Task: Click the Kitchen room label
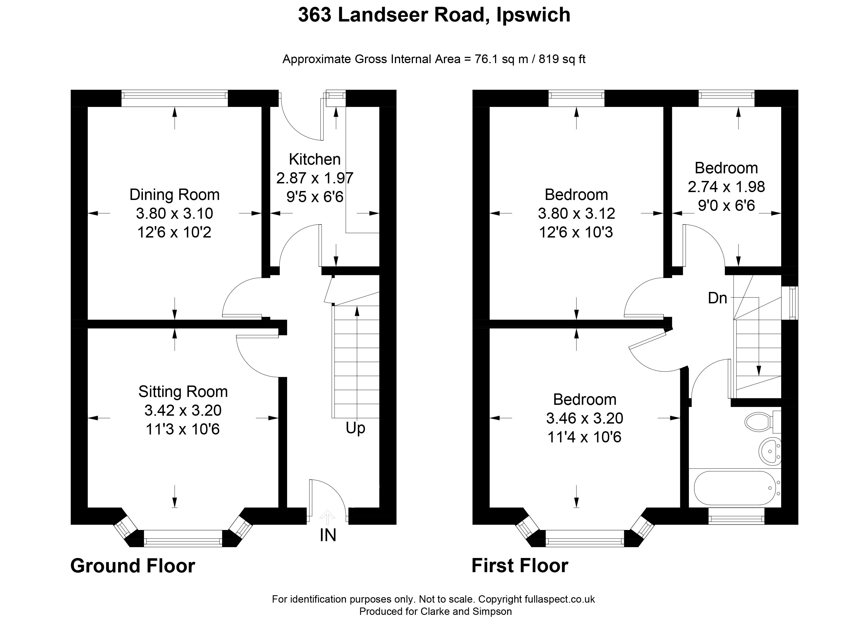point(315,159)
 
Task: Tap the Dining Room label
point(174,195)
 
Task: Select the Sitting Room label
point(183,392)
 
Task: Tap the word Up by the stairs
point(355,428)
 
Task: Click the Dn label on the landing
point(717,298)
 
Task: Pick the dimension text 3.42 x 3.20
point(183,411)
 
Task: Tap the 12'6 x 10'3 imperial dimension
point(576,232)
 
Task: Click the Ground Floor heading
point(133,566)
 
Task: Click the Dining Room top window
point(174,98)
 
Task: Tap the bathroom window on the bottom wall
point(736,516)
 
